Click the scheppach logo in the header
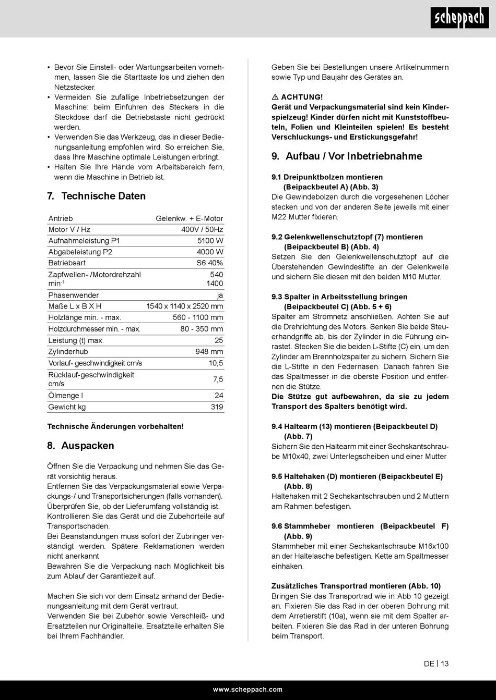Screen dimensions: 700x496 coord(459,19)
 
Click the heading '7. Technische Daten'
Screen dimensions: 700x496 coord(96,196)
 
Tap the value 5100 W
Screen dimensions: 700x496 coord(210,241)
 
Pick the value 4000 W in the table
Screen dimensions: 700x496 coord(210,252)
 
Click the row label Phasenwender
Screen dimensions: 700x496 coord(74,295)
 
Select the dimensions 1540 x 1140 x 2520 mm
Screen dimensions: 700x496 coord(185,306)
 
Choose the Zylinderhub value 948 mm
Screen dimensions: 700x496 coord(209,352)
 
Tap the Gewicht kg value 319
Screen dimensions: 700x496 coord(217,407)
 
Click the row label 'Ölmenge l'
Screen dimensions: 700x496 coord(66,396)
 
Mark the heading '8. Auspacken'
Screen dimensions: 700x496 coord(80,446)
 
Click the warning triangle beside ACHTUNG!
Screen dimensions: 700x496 coord(275,97)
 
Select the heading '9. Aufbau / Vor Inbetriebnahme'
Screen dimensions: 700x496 coord(347,156)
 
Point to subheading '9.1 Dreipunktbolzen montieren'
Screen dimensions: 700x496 coord(327,177)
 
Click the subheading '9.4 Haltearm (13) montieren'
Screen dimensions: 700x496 coord(355,426)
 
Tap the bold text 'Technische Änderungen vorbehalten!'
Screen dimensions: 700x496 coord(115,426)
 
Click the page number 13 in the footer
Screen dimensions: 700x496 coord(444,664)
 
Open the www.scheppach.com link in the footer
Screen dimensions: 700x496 coord(247,690)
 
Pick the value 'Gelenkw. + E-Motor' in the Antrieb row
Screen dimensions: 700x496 coord(189,218)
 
